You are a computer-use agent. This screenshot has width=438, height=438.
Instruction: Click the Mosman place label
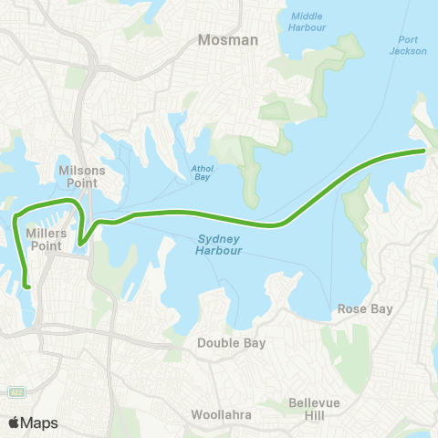tap(229, 40)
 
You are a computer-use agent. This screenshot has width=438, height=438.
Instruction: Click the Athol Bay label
tap(202, 173)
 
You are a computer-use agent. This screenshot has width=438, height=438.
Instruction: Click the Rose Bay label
tap(365, 309)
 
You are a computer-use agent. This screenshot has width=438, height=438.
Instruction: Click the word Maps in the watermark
tap(41, 422)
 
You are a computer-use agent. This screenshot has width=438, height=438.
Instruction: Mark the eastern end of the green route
tap(424, 151)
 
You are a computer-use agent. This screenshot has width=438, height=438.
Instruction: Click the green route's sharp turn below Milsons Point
tap(80, 243)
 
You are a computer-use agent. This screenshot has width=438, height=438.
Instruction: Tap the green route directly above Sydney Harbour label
tap(217, 216)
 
